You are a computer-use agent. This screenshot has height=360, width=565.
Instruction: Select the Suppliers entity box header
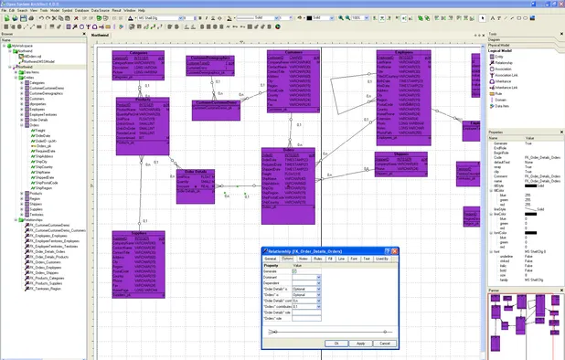click(x=138, y=232)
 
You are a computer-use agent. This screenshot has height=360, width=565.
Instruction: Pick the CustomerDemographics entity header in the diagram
click(x=210, y=58)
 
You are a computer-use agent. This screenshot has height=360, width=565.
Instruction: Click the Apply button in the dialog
click(x=360, y=343)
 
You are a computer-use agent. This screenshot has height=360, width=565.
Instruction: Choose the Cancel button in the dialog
click(x=384, y=343)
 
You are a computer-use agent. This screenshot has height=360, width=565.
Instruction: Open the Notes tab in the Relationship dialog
click(x=303, y=259)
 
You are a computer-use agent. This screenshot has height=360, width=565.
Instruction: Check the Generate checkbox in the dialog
click(x=320, y=271)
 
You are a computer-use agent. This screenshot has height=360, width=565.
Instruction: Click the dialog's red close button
click(x=393, y=249)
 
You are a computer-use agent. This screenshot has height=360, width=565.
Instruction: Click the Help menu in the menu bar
click(x=142, y=9)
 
